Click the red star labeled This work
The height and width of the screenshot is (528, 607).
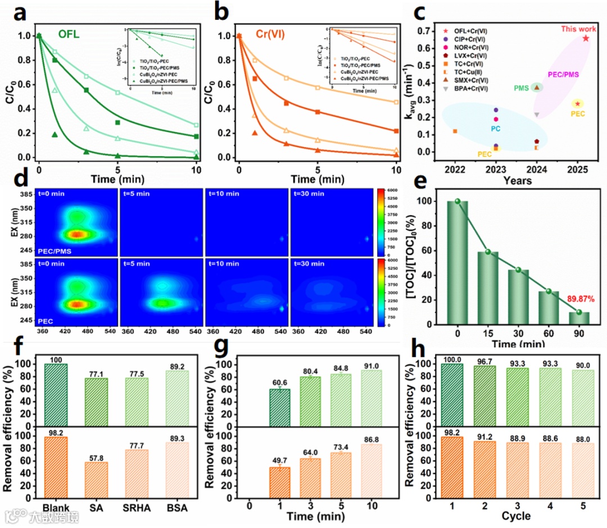coord(586,38)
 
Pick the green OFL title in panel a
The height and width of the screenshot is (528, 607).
coord(71,35)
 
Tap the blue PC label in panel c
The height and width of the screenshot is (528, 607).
coord(495,129)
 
